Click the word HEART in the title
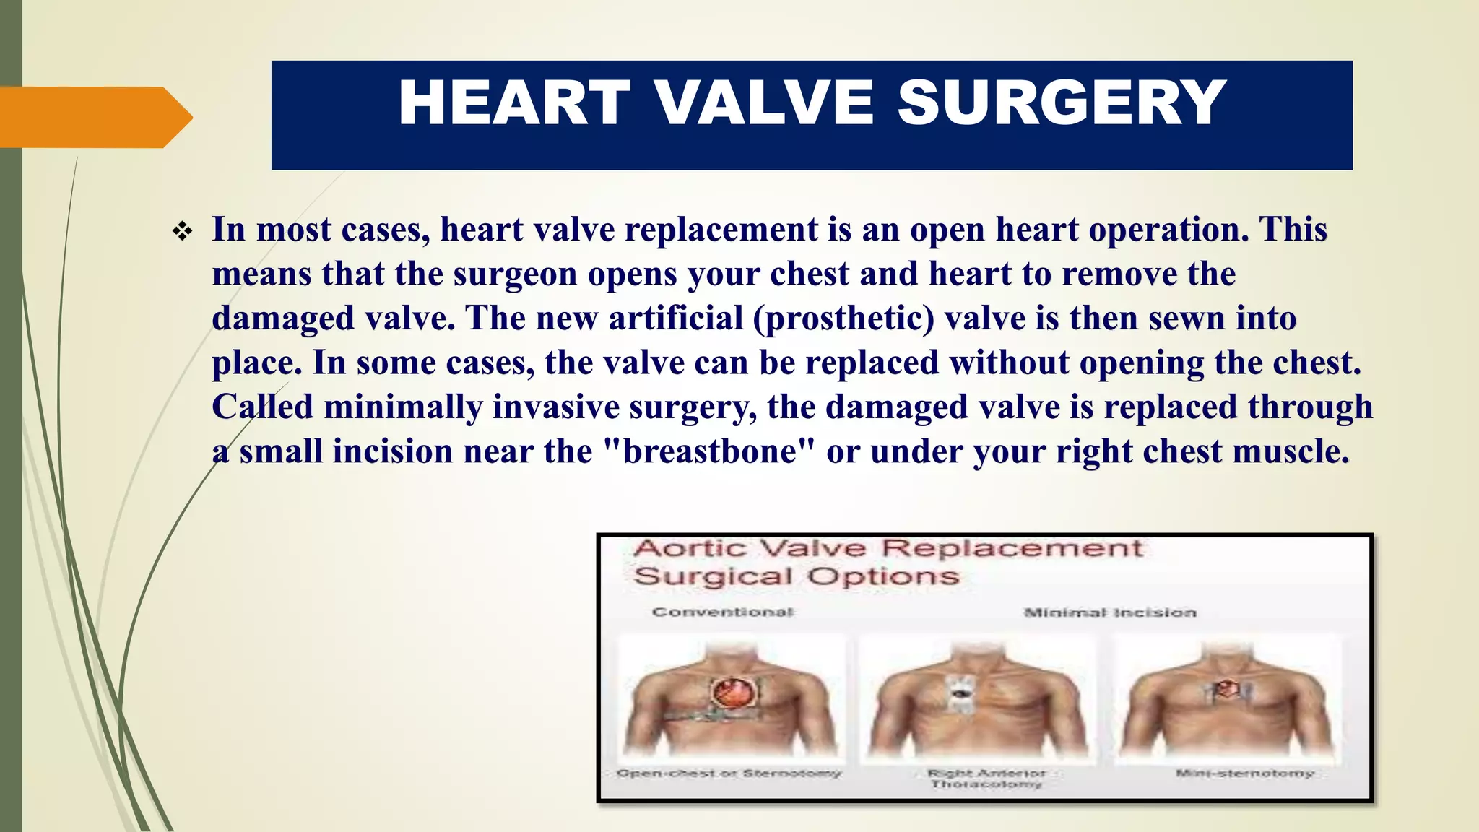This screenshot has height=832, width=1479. click(514, 103)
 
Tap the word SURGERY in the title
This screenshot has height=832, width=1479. click(1062, 103)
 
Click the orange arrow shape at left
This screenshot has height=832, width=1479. click(94, 117)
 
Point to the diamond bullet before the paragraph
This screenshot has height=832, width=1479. click(182, 232)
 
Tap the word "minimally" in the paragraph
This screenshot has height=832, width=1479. click(403, 407)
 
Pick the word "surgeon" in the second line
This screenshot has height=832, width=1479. click(515, 274)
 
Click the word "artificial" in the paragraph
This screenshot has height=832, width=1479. click(676, 318)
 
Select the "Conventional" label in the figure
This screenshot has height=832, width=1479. click(722, 612)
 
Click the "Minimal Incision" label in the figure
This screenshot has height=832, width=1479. click(1110, 612)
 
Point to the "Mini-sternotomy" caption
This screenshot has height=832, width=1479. click(1244, 773)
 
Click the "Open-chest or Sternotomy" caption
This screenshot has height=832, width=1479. click(729, 773)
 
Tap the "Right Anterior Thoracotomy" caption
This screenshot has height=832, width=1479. click(986, 779)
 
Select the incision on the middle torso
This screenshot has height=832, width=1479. click(960, 693)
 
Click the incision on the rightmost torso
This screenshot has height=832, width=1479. click(1225, 689)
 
